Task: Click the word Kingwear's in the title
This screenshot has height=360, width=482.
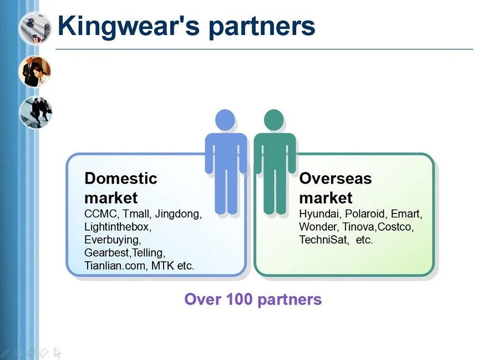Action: pyautogui.click(x=129, y=26)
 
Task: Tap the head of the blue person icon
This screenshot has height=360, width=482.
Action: pyautogui.click(x=225, y=120)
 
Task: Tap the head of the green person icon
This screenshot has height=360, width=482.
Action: pyautogui.click(x=273, y=120)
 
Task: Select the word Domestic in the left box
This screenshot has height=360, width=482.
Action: pyautogui.click(x=121, y=178)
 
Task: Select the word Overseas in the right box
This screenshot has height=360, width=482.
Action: pyautogui.click(x=336, y=178)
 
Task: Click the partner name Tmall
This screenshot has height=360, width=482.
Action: pyautogui.click(x=136, y=214)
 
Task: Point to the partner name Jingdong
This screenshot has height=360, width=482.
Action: pyautogui.click(x=178, y=214)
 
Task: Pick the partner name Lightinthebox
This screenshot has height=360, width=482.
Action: pyautogui.click(x=118, y=227)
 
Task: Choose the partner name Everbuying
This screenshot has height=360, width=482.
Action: pyautogui.click(x=113, y=240)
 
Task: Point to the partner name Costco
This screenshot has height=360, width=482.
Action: pyautogui.click(x=395, y=227)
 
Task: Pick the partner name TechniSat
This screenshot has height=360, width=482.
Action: pyautogui.click(x=324, y=240)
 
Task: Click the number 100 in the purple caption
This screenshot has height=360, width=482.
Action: pyautogui.click(x=239, y=299)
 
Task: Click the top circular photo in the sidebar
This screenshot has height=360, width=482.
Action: pyautogui.click(x=35, y=28)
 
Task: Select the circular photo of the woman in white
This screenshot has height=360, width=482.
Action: pyautogui.click(x=35, y=72)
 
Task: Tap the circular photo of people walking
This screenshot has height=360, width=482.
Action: pyautogui.click(x=35, y=112)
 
